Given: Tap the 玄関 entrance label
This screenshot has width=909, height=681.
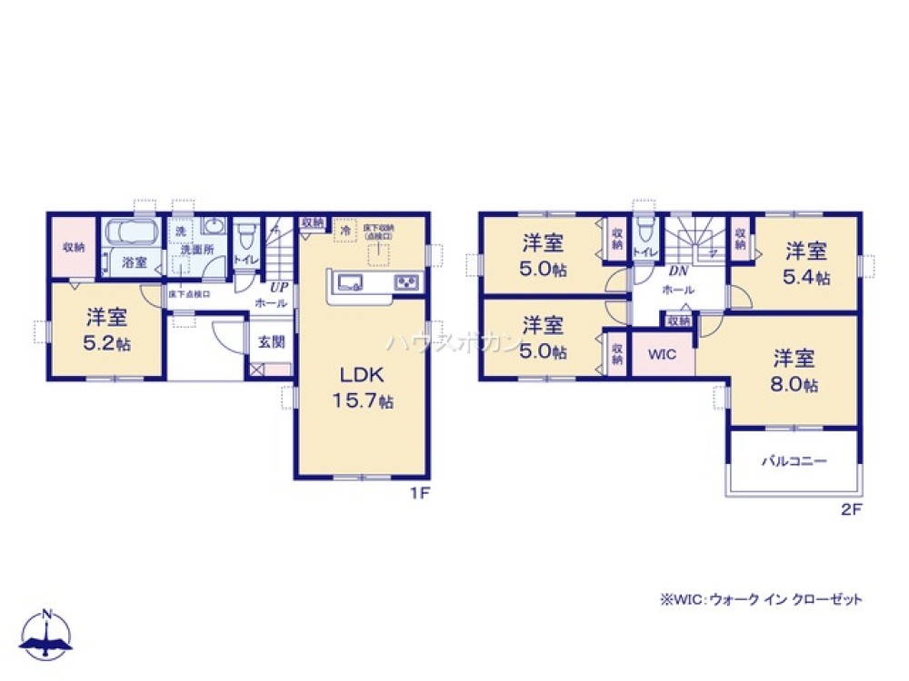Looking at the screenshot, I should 271,342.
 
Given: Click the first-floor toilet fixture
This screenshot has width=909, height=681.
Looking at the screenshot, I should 245,237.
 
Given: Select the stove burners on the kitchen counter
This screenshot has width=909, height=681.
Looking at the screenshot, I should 405,283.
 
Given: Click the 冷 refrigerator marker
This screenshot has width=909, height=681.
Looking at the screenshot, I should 345,230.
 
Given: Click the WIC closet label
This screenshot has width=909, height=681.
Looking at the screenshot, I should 663,354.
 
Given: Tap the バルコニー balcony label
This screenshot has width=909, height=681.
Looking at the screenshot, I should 794,461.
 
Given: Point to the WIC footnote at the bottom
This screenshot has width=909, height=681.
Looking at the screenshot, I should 760,599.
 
